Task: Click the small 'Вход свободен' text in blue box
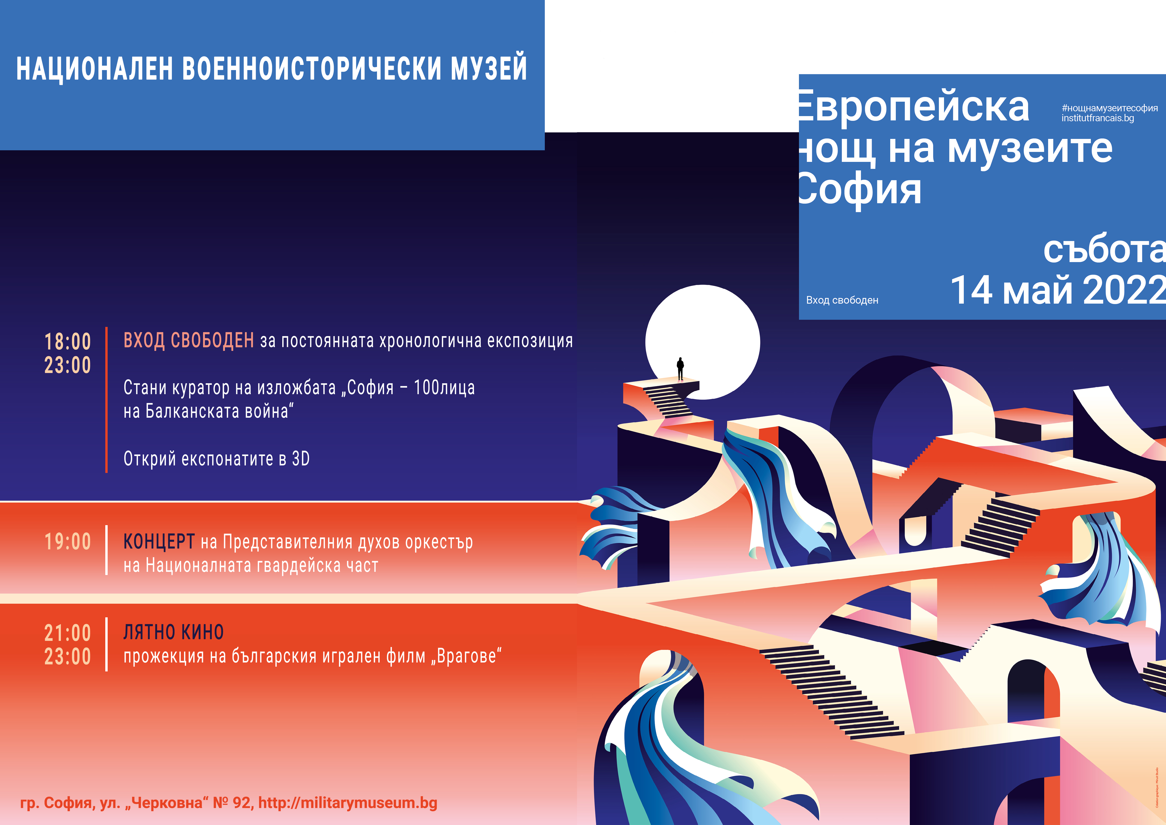[842, 300]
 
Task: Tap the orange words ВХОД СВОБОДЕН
[188, 340]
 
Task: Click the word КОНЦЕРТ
[159, 542]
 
